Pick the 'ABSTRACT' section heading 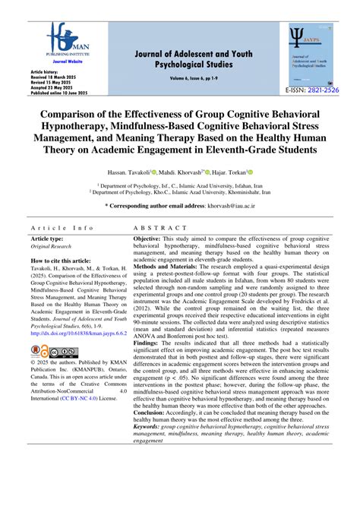159,228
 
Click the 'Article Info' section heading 62,228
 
